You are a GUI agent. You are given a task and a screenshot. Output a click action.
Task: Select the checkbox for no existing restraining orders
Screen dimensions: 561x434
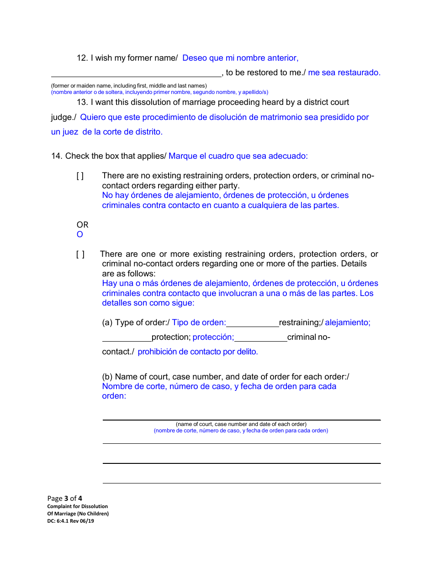pyautogui.click(x=80, y=176)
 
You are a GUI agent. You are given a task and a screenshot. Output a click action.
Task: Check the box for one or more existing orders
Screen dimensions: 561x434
pyautogui.click(x=80, y=255)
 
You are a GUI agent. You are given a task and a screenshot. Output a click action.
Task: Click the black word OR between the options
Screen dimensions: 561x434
pyautogui.click(x=82, y=225)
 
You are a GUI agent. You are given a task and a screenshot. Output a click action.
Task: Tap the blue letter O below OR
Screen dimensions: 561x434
pyautogui.click(x=80, y=235)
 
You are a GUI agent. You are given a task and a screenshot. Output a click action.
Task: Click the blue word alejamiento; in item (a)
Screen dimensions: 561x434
pyautogui.click(x=348, y=322)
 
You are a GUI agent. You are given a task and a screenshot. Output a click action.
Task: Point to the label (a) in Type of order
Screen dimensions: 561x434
pyautogui.click(x=107, y=322)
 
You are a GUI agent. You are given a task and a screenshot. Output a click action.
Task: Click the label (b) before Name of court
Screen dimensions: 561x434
pyautogui.click(x=107, y=377)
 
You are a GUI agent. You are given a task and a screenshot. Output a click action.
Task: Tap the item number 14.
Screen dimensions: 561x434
pyautogui.click(x=57, y=156)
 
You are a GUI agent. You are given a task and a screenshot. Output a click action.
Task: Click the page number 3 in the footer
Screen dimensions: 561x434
pyautogui.click(x=66, y=499)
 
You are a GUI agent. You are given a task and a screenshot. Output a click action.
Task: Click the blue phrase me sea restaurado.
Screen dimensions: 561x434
pyautogui.click(x=344, y=73)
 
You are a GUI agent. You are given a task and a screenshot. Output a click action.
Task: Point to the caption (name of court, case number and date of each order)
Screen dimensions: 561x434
pyautogui.click(x=241, y=424)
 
